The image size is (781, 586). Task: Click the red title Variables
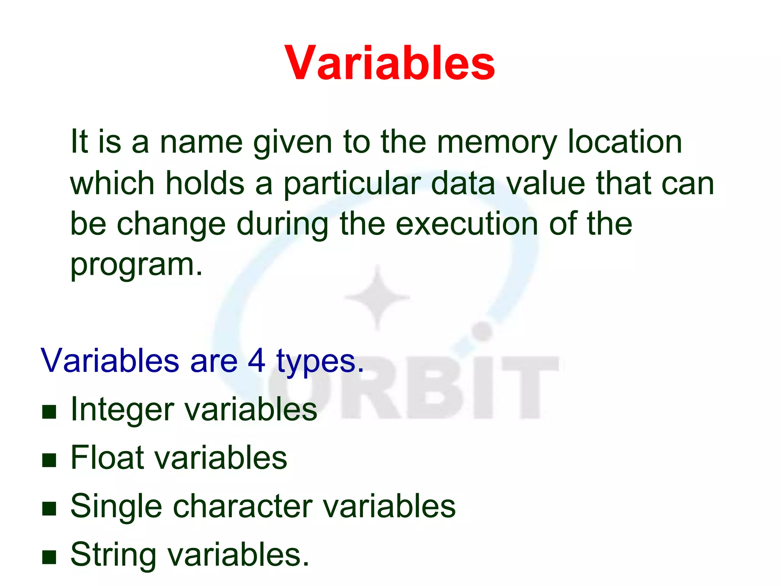390,63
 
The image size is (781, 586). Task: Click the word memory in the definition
496,142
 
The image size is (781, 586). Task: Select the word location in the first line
625,142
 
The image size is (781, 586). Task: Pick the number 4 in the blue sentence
256,361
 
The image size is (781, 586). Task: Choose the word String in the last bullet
113,555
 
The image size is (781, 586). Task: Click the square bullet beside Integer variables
49,412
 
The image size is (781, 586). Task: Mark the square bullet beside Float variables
49,460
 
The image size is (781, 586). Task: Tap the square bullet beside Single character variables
49,509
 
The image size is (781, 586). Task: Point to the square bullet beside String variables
49,557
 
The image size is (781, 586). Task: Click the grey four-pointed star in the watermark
378,297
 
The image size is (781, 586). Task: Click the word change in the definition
171,225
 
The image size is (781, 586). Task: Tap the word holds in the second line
205,184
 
